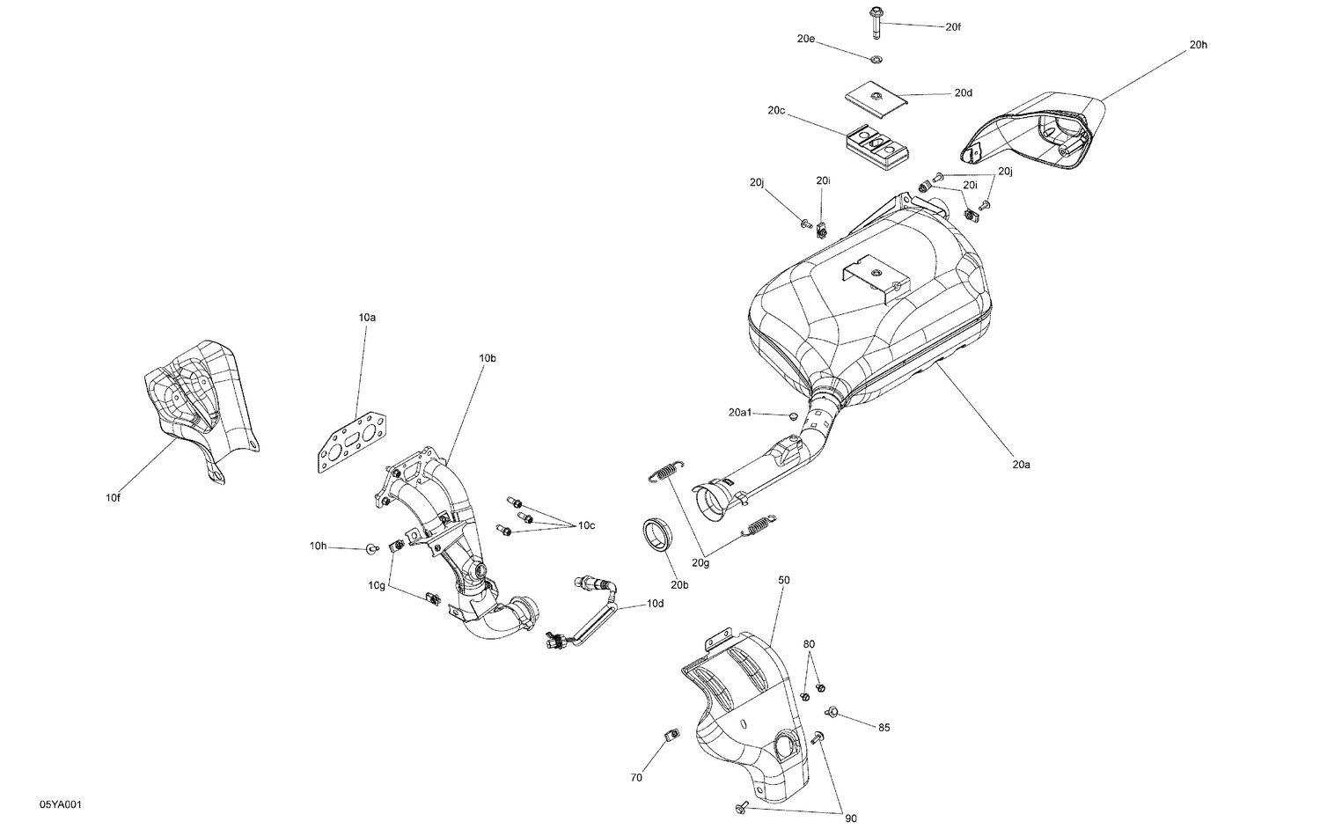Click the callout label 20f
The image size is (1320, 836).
(953, 27)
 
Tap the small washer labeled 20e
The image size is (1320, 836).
(876, 60)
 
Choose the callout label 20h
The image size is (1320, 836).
(1199, 44)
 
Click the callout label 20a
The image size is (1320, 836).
(1021, 464)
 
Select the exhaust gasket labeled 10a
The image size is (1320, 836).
(353, 439)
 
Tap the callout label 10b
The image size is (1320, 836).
(488, 358)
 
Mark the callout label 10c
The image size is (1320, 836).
(586, 525)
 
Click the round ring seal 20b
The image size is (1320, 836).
(656, 534)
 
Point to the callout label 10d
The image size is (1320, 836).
(655, 604)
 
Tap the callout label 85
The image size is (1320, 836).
(884, 728)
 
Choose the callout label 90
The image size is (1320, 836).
(851, 819)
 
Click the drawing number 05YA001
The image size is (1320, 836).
(61, 805)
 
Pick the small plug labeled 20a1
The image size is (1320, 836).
(793, 415)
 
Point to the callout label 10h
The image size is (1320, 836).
(318, 546)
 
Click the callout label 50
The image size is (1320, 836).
(784, 580)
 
